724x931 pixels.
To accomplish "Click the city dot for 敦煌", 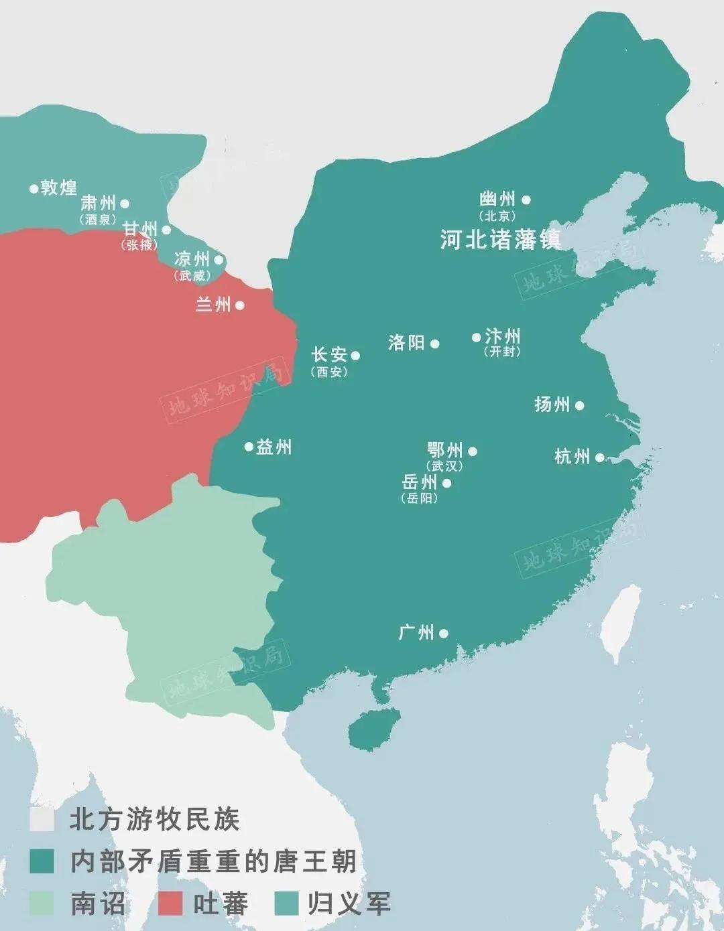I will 33,189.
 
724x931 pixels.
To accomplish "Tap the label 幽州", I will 497,200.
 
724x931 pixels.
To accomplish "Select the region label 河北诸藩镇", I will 500,239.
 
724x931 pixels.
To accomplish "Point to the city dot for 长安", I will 355,356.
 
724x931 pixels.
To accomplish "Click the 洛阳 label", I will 406,343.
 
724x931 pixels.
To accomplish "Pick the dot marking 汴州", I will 476,338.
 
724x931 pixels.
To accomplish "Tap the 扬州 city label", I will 552,405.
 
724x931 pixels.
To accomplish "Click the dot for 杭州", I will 600,457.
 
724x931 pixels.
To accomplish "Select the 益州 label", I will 274,447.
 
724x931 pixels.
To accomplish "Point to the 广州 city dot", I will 443,633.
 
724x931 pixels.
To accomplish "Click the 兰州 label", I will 213,305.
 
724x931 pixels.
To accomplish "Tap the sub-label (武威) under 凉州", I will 192,275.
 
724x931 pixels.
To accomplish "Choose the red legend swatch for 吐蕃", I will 170,903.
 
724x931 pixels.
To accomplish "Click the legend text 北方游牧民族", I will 154,820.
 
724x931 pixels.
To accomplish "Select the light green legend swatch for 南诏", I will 42,903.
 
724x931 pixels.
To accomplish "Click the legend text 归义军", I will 349,903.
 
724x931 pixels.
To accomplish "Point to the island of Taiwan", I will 620,623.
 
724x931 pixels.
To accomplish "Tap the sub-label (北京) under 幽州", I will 497,216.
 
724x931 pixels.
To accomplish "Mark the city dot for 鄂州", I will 473,451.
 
